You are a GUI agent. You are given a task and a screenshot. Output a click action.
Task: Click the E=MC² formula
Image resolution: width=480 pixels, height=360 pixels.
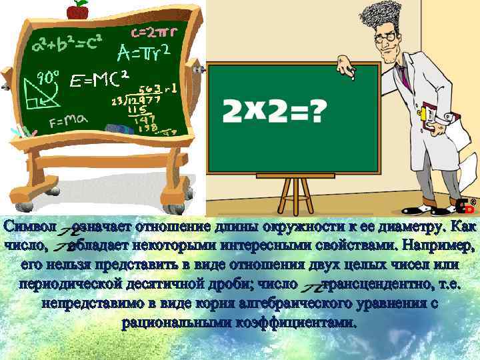(x=99, y=81)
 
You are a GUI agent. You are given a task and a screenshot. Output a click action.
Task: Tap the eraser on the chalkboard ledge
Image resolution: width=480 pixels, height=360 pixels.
(x=121, y=128)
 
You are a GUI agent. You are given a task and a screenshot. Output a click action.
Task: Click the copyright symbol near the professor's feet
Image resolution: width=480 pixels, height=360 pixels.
(x=472, y=201)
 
